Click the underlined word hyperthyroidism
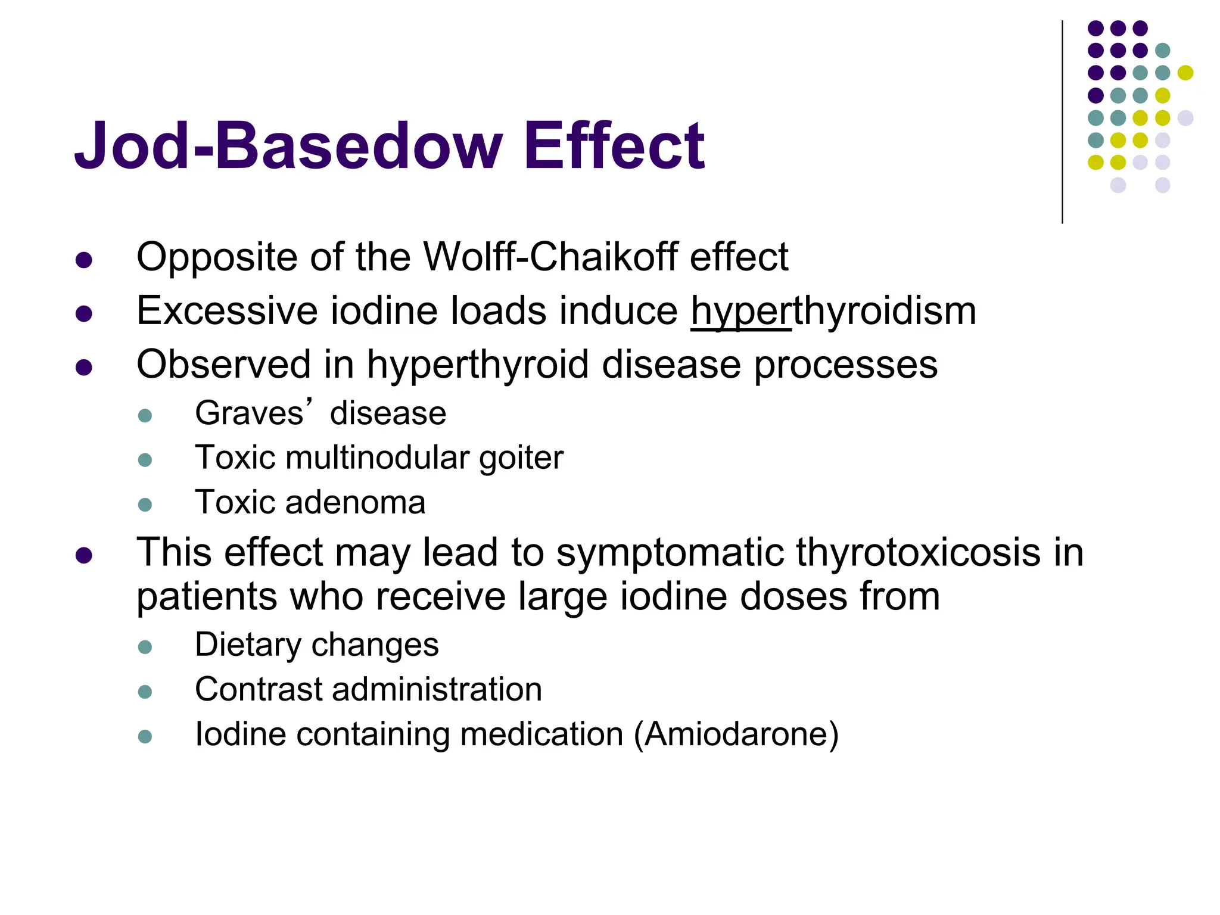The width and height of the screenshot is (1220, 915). coord(833,311)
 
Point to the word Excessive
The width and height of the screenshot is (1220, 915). coord(227,311)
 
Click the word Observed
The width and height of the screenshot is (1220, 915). coord(223,365)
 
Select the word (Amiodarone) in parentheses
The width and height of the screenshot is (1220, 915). coord(736,734)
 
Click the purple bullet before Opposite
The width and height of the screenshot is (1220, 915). coord(84,260)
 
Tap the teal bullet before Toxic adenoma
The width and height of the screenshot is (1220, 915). coord(145,505)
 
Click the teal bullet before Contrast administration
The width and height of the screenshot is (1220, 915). coord(145,692)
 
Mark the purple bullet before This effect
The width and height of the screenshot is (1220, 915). coord(84,555)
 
